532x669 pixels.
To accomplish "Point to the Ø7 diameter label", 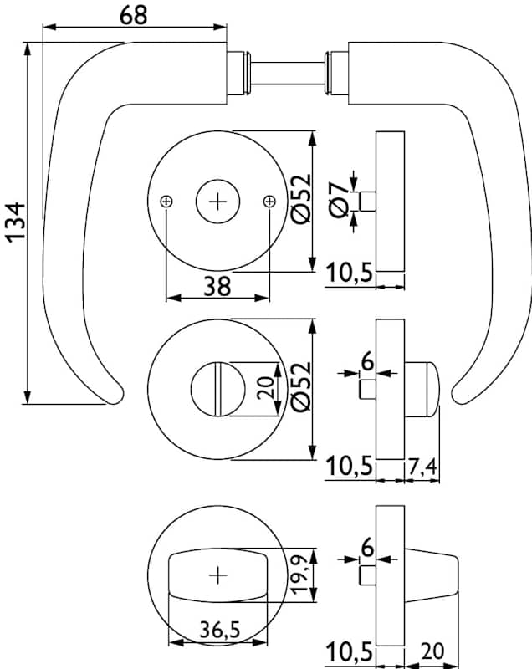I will click(x=338, y=202).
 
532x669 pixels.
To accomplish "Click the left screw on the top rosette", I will click(x=166, y=202).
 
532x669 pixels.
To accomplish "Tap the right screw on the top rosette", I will click(x=269, y=202).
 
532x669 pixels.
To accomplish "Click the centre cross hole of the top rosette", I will click(x=217, y=202).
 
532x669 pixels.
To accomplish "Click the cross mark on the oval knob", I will click(x=217, y=575).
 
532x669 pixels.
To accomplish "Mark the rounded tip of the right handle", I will click(x=460, y=394).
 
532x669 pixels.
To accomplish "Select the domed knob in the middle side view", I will click(x=422, y=389).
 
